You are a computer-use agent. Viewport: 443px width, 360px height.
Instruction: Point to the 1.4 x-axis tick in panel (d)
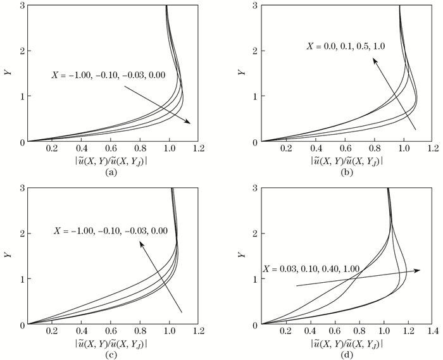coord(432,331)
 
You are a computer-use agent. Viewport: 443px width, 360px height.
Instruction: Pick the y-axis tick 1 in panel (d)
coord(254,279)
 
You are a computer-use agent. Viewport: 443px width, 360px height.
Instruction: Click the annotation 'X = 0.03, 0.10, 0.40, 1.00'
coord(311,269)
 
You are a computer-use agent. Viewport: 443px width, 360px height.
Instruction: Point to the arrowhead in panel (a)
coord(188,123)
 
